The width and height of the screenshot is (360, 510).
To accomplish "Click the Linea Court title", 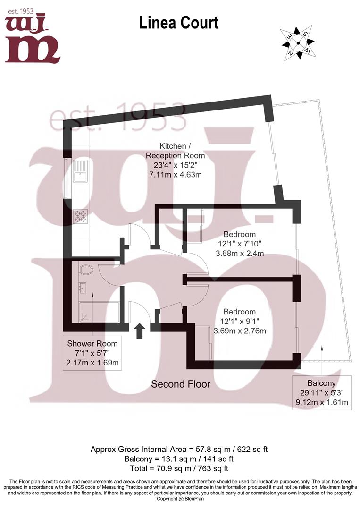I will pos(179,23).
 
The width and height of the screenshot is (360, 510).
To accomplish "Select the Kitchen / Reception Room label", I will pos(175,151).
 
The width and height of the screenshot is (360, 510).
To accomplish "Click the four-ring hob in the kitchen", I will pos(80,216).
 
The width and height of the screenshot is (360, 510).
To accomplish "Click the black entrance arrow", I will pos(140,331).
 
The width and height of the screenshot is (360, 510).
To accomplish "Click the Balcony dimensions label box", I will pos(321,393).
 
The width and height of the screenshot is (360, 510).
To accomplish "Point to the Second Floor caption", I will pos(180,384).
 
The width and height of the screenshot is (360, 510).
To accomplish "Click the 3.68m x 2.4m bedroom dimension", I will pos(240,254).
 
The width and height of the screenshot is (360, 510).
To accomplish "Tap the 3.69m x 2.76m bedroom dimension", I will pos(240,331).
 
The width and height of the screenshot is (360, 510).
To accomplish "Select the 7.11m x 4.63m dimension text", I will pos(175,175).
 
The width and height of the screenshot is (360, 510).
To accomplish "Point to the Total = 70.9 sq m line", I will pos(179,469).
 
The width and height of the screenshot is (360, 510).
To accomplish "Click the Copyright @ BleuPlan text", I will pos(180,499).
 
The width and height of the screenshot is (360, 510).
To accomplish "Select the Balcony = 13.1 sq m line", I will pos(179,459).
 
